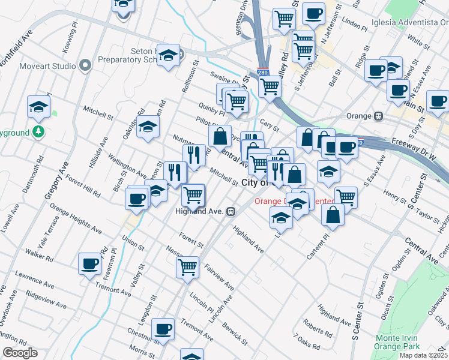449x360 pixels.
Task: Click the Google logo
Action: point(20,353)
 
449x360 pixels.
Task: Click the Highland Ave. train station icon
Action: point(231,211)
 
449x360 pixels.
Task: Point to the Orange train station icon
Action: point(379,115)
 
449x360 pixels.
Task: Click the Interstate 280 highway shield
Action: point(262,72)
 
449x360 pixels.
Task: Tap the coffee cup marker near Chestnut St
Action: point(163,329)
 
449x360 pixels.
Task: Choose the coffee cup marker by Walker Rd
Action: point(90,263)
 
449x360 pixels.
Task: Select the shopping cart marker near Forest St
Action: point(188,266)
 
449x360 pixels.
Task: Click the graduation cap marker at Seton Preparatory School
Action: point(168,55)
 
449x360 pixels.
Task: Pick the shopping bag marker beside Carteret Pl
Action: point(333,215)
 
